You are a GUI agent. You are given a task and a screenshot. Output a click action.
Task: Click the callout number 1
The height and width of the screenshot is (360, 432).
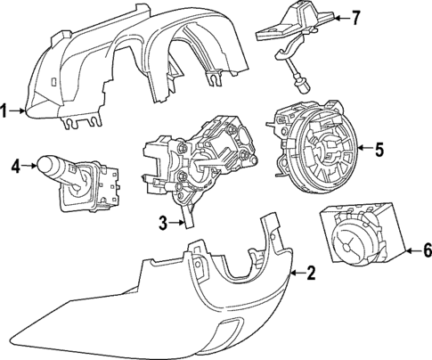(x=6, y=111)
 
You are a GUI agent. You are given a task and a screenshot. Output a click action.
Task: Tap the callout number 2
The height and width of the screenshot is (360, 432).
(x=310, y=274)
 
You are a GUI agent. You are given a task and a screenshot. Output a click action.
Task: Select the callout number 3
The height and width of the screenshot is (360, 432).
(x=163, y=225)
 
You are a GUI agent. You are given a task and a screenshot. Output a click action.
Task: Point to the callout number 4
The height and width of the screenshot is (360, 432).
(x=16, y=165)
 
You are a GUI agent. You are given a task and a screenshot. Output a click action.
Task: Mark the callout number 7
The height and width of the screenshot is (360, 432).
(x=355, y=17)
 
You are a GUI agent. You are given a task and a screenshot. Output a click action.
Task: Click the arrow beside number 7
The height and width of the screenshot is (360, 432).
(x=340, y=17)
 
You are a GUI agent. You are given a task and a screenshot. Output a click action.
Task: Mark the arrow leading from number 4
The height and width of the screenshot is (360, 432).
(x=29, y=165)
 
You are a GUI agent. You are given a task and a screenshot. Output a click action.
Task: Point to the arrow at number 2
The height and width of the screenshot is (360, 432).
(x=297, y=274)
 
